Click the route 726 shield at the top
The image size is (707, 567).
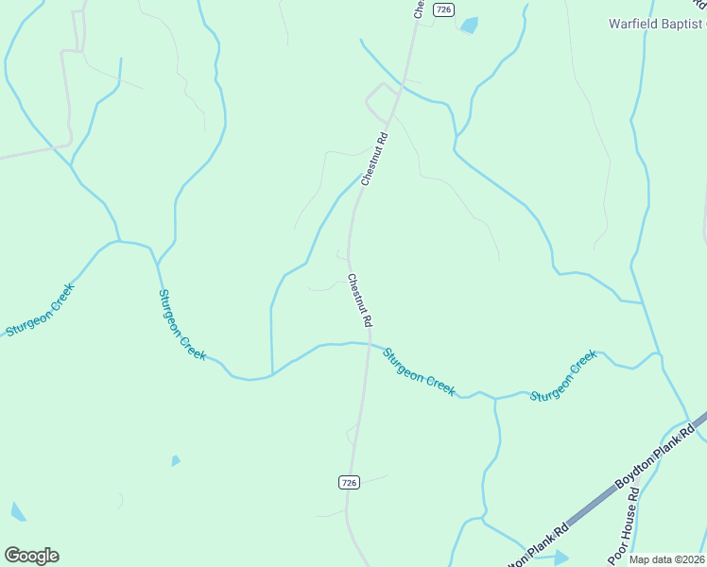tap(444, 9)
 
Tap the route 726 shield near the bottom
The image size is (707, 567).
tap(349, 482)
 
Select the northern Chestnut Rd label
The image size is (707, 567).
tap(375, 158)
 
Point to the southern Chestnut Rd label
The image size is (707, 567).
tap(359, 301)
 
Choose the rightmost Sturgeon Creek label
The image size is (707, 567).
tap(563, 376)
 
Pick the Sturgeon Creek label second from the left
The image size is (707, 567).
tap(181, 324)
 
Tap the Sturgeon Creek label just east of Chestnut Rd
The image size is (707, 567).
tap(419, 370)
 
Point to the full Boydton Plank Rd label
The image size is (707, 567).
tap(656, 456)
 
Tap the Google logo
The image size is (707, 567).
tap(31, 555)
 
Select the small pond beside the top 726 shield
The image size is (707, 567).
tap(468, 26)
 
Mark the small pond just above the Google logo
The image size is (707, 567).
tap(18, 512)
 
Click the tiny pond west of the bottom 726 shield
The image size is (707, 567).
tap(176, 461)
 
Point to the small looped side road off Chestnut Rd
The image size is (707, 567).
tap(382, 94)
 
